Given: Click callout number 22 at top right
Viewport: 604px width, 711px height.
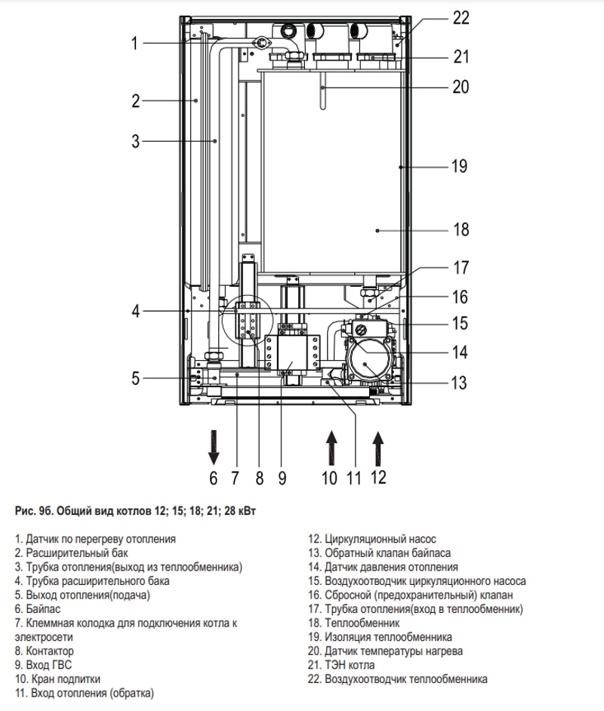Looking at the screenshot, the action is click(x=461, y=18).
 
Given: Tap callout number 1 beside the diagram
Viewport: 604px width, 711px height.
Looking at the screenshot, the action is click(x=134, y=43).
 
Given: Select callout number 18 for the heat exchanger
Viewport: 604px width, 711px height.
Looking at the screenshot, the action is click(x=461, y=229).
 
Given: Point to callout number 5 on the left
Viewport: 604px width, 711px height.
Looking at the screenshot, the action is click(x=136, y=377).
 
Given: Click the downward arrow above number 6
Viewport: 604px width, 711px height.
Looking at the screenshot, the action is click(x=214, y=447).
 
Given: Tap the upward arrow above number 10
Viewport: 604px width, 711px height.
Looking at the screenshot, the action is click(x=332, y=448).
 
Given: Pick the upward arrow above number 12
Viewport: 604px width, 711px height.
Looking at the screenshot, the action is click(x=378, y=448).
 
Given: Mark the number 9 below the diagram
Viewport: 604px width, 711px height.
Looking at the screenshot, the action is click(x=282, y=478).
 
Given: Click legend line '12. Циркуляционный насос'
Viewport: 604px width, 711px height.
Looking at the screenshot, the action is click(x=371, y=539).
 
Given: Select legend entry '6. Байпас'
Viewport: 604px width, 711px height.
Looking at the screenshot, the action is click(x=37, y=609).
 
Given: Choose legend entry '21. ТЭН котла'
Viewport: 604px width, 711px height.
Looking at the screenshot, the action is click(x=341, y=665).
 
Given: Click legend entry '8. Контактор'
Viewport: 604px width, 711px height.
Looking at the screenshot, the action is click(x=44, y=651).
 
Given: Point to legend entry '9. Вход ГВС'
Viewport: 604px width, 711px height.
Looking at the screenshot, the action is click(x=43, y=665).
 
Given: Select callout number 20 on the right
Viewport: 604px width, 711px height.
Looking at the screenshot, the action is click(x=461, y=87).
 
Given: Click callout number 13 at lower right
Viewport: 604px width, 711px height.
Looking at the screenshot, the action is click(x=459, y=383).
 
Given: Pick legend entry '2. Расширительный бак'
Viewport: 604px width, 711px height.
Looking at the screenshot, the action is click(x=71, y=553).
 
